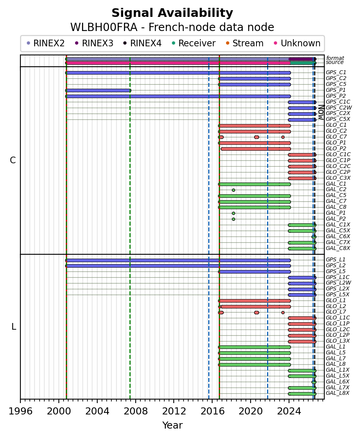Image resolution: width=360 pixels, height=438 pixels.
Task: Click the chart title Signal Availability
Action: [x=172, y=13]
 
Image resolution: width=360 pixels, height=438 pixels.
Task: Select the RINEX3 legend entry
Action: [x=94, y=43]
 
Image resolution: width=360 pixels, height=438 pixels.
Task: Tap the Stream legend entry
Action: [x=244, y=43]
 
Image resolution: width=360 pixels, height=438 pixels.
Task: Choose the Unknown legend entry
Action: [x=297, y=43]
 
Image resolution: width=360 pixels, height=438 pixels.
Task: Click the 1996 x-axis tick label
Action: [x=20, y=411]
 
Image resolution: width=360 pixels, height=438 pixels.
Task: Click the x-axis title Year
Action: [x=173, y=425]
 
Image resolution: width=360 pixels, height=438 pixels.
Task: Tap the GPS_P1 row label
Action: [x=336, y=90]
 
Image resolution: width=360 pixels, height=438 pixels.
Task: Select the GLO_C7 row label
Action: [x=336, y=137]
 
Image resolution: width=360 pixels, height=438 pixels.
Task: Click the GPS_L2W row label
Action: [x=338, y=283]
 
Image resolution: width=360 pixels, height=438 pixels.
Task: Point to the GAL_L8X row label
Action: [x=338, y=393]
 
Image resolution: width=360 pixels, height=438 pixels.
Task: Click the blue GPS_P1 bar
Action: [x=98, y=90]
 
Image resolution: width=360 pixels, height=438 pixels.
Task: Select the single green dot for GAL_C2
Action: [x=234, y=190]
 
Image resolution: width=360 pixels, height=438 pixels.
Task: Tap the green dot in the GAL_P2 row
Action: [x=234, y=219]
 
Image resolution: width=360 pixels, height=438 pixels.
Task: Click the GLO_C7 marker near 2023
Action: [x=283, y=137]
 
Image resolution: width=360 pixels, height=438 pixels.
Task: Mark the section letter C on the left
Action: [x=13, y=161]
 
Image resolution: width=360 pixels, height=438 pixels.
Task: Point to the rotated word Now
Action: [x=321, y=112]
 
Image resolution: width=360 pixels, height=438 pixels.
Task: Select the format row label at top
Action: [x=335, y=58]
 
